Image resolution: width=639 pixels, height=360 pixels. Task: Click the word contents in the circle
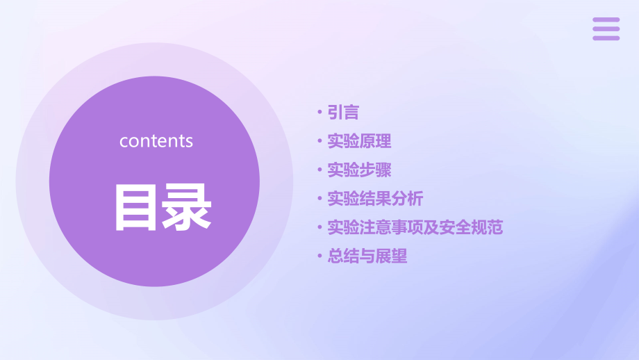pyautogui.click(x=156, y=141)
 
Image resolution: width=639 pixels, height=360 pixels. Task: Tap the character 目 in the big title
pyautogui.click(x=135, y=208)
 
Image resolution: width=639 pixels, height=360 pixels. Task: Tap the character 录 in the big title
pyautogui.click(x=187, y=208)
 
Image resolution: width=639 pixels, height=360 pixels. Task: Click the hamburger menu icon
pyautogui.click(x=606, y=29)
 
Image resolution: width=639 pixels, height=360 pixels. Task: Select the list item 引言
pyautogui.click(x=343, y=112)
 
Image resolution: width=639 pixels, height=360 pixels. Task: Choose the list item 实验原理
pyautogui.click(x=359, y=141)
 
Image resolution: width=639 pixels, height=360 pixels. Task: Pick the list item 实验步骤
pyautogui.click(x=359, y=170)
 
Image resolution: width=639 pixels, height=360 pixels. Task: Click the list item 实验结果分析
pyautogui.click(x=375, y=199)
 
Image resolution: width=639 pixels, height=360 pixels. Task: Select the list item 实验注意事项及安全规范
pyautogui.click(x=415, y=227)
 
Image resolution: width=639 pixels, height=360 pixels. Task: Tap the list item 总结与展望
pyautogui.click(x=367, y=256)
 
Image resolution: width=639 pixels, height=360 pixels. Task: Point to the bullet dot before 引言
pyautogui.click(x=319, y=112)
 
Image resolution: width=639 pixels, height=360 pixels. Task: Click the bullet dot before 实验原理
pyautogui.click(x=319, y=140)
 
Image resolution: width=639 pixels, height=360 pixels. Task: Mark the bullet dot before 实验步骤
pyautogui.click(x=319, y=170)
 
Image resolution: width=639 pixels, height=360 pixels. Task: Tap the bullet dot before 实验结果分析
pyautogui.click(x=319, y=198)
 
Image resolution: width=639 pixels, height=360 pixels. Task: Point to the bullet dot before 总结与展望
pyautogui.click(x=319, y=256)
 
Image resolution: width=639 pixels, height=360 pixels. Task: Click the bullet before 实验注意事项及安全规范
pyautogui.click(x=319, y=227)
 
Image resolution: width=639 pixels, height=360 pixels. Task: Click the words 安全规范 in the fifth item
pyautogui.click(x=471, y=227)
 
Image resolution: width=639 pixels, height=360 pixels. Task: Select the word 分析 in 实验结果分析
pyautogui.click(x=407, y=199)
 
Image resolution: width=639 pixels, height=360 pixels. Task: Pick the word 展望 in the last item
pyautogui.click(x=391, y=256)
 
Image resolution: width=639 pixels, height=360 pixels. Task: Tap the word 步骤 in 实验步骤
pyautogui.click(x=375, y=170)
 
